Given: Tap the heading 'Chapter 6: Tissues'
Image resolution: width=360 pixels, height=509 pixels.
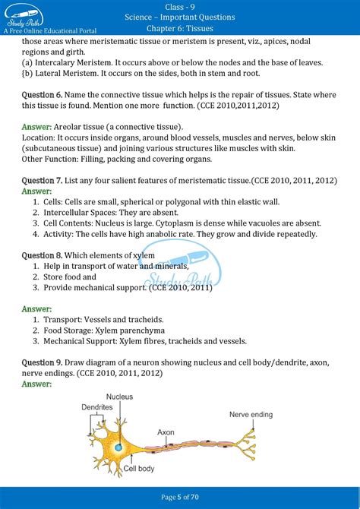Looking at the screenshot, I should (x=180, y=28).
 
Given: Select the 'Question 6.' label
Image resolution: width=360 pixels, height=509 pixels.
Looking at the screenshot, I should (x=43, y=94).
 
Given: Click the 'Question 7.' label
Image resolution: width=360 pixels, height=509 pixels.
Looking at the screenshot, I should (x=43, y=179).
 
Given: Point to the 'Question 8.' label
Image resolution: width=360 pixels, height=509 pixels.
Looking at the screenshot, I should (x=43, y=255).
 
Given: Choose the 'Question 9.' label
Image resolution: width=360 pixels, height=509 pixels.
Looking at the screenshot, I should (x=43, y=363).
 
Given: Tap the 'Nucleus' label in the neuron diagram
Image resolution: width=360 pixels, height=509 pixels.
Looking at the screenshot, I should (x=119, y=397).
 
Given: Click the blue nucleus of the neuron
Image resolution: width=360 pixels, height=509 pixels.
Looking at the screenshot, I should (x=118, y=447).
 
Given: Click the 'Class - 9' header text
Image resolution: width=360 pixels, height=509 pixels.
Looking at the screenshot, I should (x=180, y=6).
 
